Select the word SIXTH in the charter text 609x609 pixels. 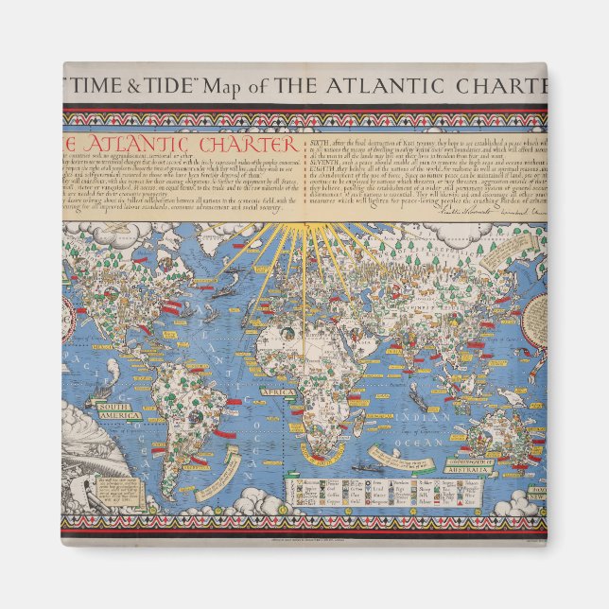[327, 143]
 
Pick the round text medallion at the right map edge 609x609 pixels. [536, 316]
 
